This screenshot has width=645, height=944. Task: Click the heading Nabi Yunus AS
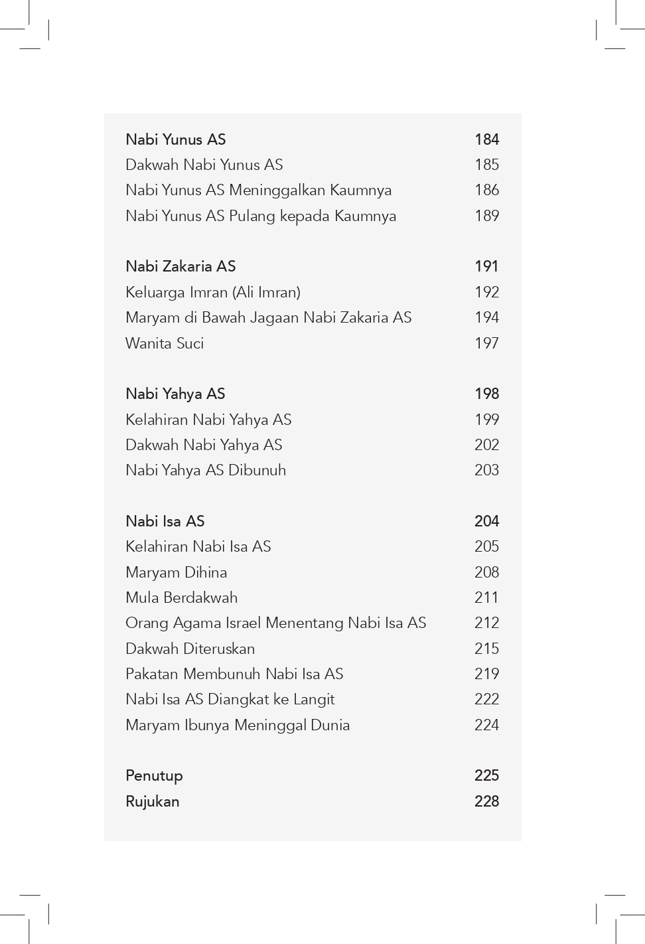(x=176, y=139)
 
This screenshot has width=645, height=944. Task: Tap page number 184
(x=486, y=139)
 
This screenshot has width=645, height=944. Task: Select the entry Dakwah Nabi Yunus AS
(x=204, y=165)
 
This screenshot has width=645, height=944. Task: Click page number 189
(x=486, y=216)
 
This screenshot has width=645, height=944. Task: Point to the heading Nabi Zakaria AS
(x=180, y=266)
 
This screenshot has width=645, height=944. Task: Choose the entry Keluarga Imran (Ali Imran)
(x=213, y=292)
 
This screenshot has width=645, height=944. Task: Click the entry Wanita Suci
(x=165, y=343)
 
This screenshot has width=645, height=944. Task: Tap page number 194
(x=486, y=317)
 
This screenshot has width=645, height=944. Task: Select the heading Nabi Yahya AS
(x=175, y=394)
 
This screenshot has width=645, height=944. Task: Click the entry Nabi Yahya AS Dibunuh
(x=206, y=470)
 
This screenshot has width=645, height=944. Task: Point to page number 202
(x=486, y=445)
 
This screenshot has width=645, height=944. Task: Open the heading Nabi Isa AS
(x=165, y=521)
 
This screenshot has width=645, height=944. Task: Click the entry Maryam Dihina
(x=177, y=572)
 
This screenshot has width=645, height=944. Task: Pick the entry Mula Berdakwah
(x=182, y=597)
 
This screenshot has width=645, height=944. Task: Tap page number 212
(x=486, y=623)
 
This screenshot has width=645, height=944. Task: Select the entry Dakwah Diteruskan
(x=190, y=649)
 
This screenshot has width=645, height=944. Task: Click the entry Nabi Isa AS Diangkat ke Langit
(x=230, y=699)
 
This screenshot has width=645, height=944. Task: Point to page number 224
(x=486, y=725)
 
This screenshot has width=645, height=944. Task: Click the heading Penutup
(x=154, y=775)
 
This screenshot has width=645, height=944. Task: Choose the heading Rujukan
(x=153, y=801)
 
